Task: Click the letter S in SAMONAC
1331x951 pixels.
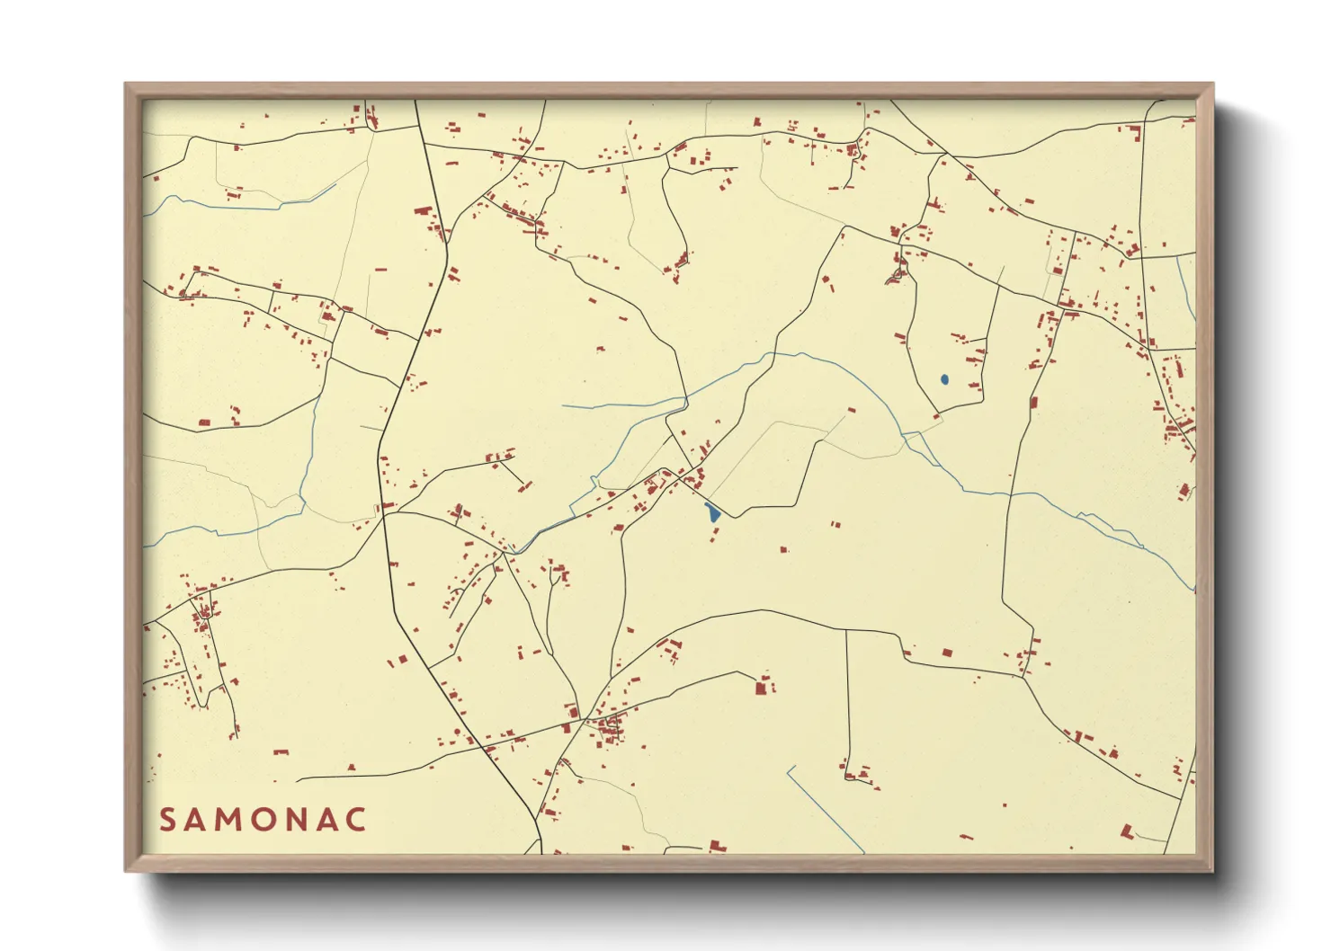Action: point(167,820)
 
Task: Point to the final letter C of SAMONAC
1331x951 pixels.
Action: point(357,820)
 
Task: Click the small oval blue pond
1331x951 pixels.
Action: point(943,379)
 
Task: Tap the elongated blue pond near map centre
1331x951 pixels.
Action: point(712,513)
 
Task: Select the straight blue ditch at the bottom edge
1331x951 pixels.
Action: point(826,809)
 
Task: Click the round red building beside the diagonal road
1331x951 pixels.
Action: point(457,733)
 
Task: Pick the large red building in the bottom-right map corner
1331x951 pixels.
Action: point(1126,831)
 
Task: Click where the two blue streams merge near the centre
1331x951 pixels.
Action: point(688,398)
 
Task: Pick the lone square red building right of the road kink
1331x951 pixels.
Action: point(946,653)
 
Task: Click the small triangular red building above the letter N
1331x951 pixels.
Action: point(351,767)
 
